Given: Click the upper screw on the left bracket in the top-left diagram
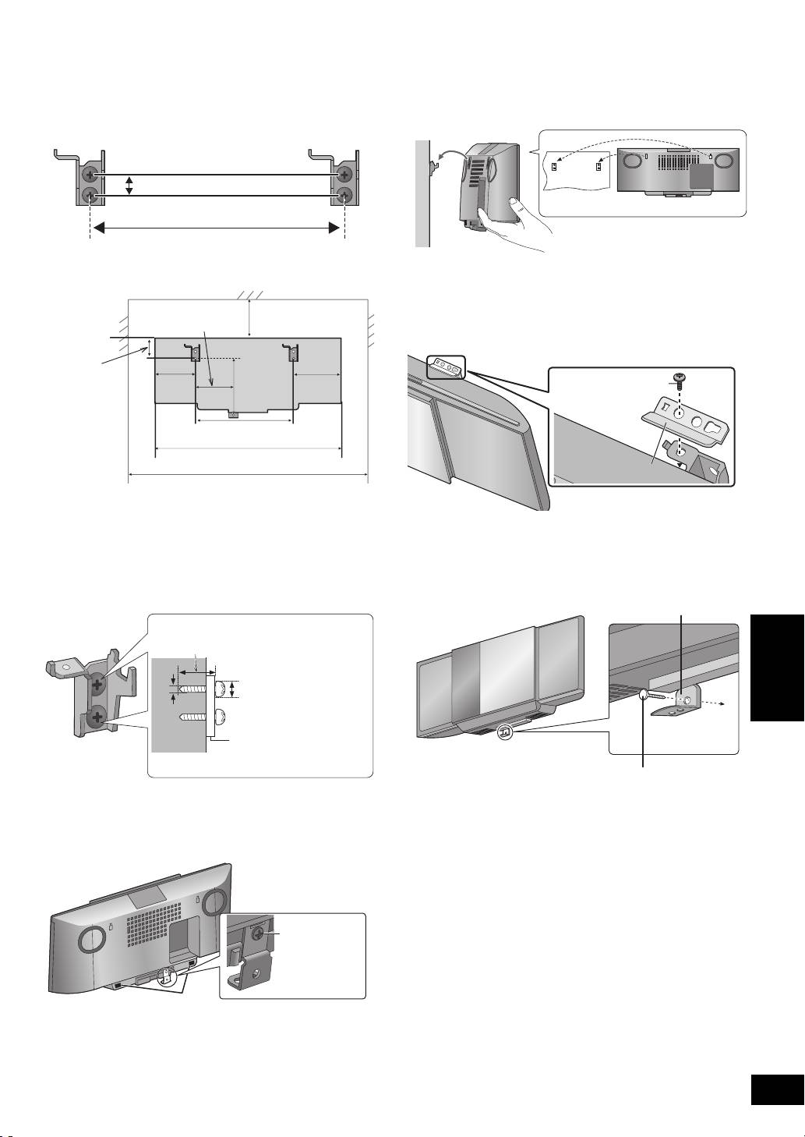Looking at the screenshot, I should coord(92,174).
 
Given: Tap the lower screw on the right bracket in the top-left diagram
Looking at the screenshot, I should coord(344,195).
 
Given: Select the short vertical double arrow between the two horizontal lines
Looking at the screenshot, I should coord(130,185).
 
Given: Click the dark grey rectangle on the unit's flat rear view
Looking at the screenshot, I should coord(701,175).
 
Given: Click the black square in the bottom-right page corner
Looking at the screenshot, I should coord(775,1090).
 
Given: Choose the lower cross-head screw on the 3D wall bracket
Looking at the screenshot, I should coord(97,717).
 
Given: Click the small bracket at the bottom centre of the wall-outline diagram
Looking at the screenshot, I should coord(232,414).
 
